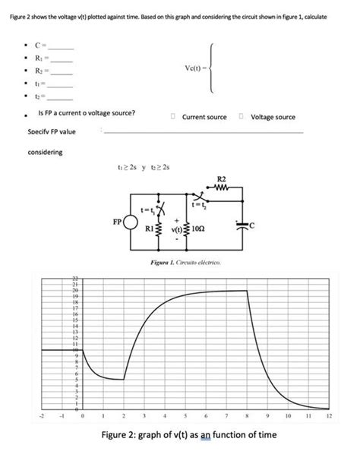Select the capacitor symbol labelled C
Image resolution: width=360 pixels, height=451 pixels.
pyautogui.click(x=242, y=225)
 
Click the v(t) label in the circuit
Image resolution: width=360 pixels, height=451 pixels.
pyautogui.click(x=180, y=228)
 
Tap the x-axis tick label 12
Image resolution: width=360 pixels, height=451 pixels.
pyautogui.click(x=329, y=415)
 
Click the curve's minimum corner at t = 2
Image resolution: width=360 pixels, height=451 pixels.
pyautogui.click(x=123, y=379)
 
